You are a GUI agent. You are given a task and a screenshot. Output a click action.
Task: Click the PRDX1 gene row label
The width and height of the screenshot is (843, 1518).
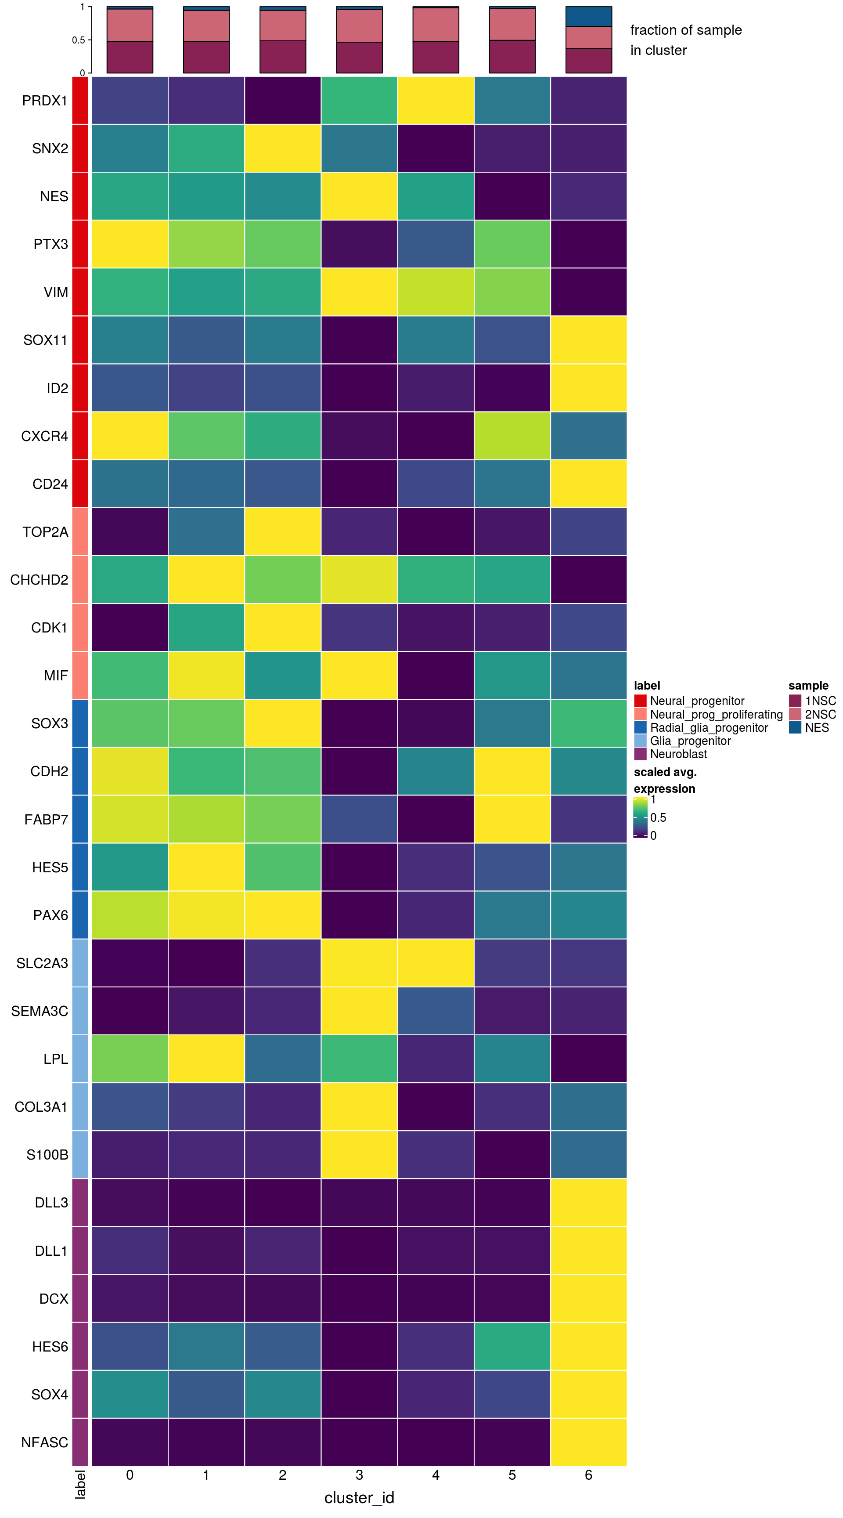tap(45, 101)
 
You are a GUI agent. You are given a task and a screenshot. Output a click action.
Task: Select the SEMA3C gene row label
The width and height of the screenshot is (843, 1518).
tap(40, 1011)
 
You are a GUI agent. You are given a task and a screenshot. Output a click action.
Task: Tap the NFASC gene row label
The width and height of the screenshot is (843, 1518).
tap(45, 1442)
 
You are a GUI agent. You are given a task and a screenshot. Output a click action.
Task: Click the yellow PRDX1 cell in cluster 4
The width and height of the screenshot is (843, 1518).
tap(436, 100)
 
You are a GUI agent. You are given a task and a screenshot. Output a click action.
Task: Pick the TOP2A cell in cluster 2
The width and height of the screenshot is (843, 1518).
tap(283, 531)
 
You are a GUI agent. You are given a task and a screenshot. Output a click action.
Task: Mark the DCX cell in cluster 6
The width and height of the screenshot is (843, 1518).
tap(588, 1299)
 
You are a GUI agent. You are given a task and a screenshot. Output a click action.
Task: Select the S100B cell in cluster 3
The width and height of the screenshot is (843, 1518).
tap(359, 1155)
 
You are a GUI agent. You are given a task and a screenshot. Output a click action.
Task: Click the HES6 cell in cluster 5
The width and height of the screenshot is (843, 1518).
tap(512, 1347)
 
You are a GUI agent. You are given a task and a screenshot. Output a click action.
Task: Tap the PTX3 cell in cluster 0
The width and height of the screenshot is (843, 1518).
tap(130, 244)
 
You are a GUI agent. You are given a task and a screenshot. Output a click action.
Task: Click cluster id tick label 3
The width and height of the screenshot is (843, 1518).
tap(359, 1475)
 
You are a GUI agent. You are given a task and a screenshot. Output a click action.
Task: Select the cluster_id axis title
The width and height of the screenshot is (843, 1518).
tap(359, 1498)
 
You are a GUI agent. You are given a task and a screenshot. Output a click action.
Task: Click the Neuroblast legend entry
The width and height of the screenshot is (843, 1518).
tap(678, 754)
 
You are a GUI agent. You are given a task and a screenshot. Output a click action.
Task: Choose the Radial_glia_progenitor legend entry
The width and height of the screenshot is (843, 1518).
tap(709, 728)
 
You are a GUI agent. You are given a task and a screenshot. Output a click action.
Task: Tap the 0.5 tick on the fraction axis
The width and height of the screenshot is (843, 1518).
tap(78, 40)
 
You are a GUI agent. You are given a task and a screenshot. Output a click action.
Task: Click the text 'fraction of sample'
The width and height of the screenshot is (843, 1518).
tap(686, 30)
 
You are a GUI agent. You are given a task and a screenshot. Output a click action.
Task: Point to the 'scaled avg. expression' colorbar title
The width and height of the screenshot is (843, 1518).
tap(664, 780)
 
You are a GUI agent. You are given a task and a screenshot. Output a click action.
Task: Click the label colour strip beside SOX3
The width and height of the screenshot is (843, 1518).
tap(80, 724)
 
